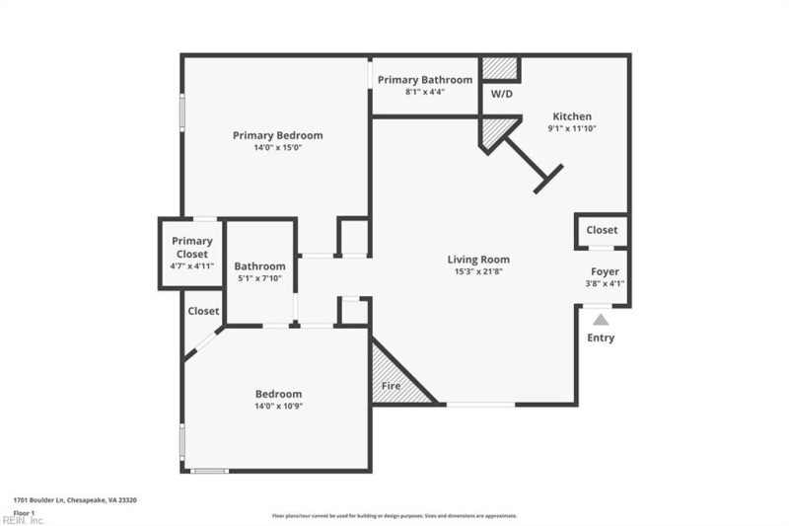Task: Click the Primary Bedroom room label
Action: click(277, 135)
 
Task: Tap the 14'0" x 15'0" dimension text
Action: click(277, 148)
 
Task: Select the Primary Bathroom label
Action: click(424, 79)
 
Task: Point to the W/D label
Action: click(501, 95)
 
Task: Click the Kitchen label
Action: click(572, 116)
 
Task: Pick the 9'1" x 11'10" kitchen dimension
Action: click(572, 128)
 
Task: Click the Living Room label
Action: click(481, 260)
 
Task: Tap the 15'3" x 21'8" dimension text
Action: click(481, 272)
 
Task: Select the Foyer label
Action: click(605, 271)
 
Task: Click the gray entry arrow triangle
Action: click(601, 319)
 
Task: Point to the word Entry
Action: click(601, 338)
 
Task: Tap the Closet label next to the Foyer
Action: click(602, 230)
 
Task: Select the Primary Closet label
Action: click(192, 248)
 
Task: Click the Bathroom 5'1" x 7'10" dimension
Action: click(259, 279)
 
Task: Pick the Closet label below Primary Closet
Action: click(203, 311)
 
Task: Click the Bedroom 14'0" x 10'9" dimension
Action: click(277, 407)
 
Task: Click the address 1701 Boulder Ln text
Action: click(75, 500)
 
